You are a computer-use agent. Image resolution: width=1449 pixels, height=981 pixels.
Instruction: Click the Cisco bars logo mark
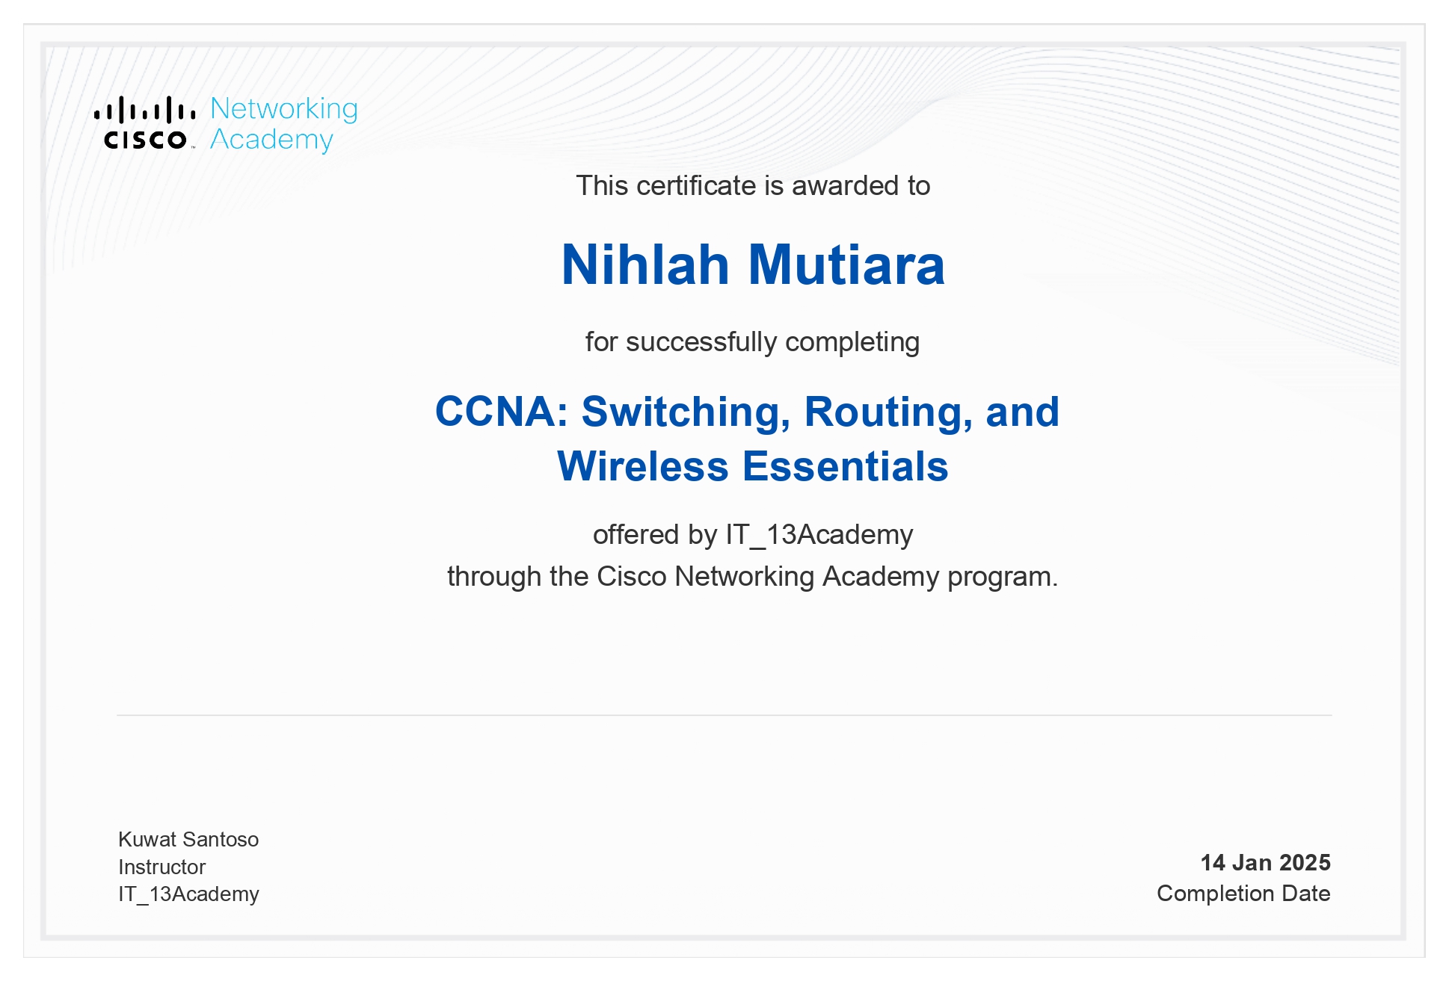pos(145,111)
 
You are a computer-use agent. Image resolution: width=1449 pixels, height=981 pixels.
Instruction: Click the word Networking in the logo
pos(284,109)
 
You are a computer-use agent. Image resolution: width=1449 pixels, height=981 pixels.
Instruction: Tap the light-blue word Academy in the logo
pos(271,140)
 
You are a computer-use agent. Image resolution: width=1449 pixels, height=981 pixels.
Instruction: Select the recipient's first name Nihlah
pos(645,265)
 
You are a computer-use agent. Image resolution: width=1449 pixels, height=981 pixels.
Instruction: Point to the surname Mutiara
pos(846,265)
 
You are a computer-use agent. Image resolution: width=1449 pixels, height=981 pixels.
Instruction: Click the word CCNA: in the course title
pos(502,412)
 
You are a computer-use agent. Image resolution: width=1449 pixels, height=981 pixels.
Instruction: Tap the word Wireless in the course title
pos(643,466)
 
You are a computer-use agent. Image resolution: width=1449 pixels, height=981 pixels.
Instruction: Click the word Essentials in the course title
pos(846,466)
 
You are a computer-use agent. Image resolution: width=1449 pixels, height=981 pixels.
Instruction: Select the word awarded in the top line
pos(846,185)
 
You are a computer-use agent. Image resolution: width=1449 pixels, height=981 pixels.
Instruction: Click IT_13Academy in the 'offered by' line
pos(819,535)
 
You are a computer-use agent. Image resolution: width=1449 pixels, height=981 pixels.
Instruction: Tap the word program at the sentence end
pos(1002,577)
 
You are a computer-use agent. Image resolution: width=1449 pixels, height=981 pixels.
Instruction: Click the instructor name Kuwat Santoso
pos(188,840)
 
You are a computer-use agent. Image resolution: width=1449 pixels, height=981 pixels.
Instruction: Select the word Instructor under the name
pos(161,867)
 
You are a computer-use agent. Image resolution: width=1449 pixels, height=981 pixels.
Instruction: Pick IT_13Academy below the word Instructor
pos(188,894)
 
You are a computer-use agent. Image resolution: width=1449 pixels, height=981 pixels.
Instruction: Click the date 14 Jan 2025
pos(1265,863)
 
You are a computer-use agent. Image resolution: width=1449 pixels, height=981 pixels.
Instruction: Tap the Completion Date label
pos(1243,894)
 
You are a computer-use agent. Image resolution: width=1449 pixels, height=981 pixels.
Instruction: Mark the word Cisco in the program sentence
pos(631,577)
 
